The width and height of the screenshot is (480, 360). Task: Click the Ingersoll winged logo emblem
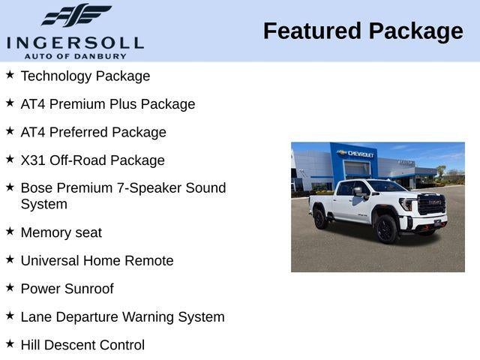pyautogui.click(x=76, y=16)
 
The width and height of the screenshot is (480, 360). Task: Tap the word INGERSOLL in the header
pyautogui.click(x=75, y=41)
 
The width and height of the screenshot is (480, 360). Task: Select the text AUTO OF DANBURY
pyautogui.click(x=75, y=55)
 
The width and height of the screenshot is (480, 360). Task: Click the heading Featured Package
pyautogui.click(x=363, y=31)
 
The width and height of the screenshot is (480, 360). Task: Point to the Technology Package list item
pyautogui.click(x=85, y=76)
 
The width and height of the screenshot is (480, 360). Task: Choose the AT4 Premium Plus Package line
pyautogui.click(x=108, y=104)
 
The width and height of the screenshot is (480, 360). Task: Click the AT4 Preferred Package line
pyautogui.click(x=94, y=133)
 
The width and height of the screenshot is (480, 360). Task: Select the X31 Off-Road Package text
pyautogui.click(x=93, y=160)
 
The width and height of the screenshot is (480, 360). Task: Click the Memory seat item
pyautogui.click(x=61, y=232)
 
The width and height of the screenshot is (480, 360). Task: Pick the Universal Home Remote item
pyautogui.click(x=97, y=261)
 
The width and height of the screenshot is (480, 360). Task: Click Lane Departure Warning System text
pyautogui.click(x=123, y=317)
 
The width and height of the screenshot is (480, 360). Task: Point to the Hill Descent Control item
pyautogui.click(x=82, y=345)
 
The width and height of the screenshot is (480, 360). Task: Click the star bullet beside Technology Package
pyautogui.click(x=10, y=75)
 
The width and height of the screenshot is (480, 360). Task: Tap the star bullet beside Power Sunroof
pyautogui.click(x=10, y=287)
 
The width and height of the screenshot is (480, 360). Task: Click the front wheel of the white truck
pyautogui.click(x=387, y=229)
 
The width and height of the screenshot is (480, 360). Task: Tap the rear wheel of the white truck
pyautogui.click(x=320, y=218)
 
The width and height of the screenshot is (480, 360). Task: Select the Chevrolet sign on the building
pyautogui.click(x=356, y=154)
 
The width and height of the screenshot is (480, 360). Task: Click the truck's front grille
pyautogui.click(x=431, y=205)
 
